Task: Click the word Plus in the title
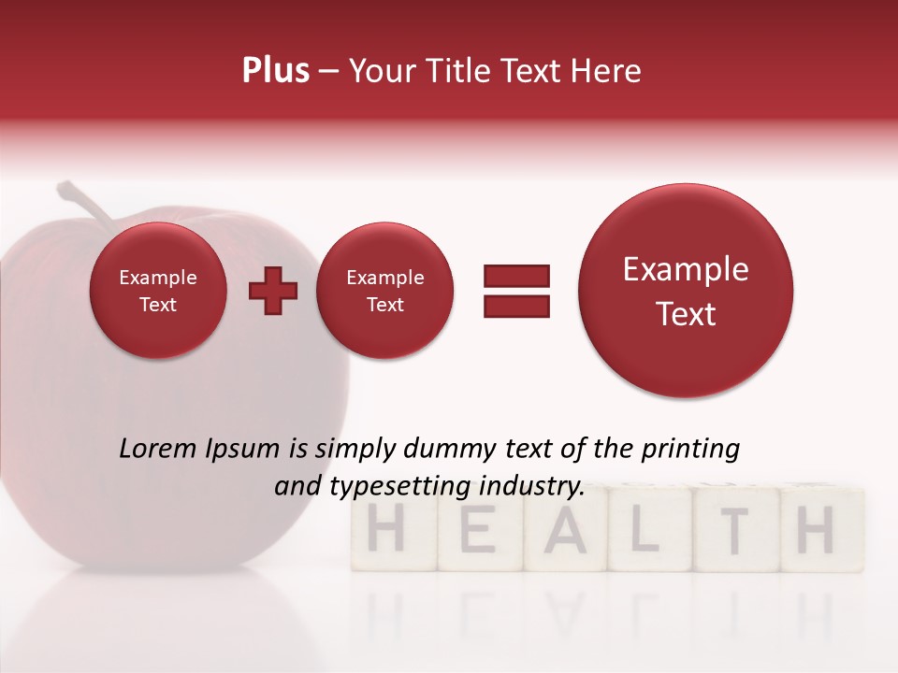[275, 71]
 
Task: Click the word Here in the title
[605, 71]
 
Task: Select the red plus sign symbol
[273, 291]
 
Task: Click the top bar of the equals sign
[516, 276]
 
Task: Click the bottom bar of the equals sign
[516, 306]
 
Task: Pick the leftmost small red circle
[158, 291]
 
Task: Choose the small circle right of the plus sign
[385, 291]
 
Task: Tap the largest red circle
[686, 291]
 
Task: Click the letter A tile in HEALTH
[566, 530]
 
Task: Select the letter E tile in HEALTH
[479, 530]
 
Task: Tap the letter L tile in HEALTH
[647, 530]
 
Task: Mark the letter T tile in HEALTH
[735, 530]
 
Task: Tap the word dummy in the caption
[436, 451]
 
